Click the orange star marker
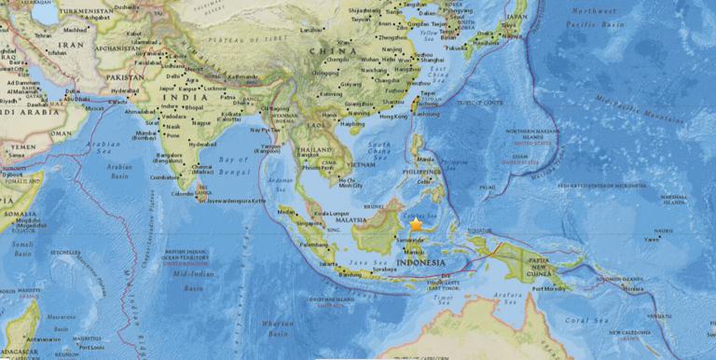[x=416, y=225]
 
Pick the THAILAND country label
[x=313, y=149]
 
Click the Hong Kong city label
[x=394, y=116]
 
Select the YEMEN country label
[x=19, y=147]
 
